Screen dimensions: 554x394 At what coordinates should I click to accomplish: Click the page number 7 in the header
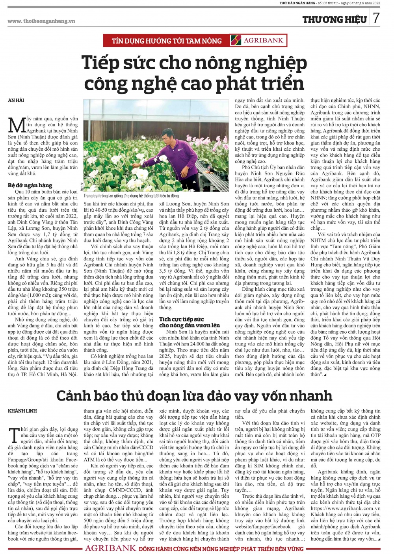(x=376, y=18)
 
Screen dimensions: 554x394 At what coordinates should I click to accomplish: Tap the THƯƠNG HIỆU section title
(x=335, y=19)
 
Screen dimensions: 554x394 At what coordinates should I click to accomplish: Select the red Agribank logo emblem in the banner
(x=236, y=41)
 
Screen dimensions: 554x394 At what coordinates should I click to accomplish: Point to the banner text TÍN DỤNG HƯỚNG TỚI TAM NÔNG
(x=167, y=41)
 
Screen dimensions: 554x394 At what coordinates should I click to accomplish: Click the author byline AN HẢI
(x=16, y=100)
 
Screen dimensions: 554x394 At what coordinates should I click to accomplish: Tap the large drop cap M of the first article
(x=17, y=125)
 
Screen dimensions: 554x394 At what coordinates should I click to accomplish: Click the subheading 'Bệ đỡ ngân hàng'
(x=30, y=185)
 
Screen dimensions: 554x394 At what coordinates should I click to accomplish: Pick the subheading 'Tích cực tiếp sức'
(x=182, y=319)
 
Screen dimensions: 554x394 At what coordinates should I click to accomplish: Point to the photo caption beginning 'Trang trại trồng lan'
(x=131, y=196)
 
